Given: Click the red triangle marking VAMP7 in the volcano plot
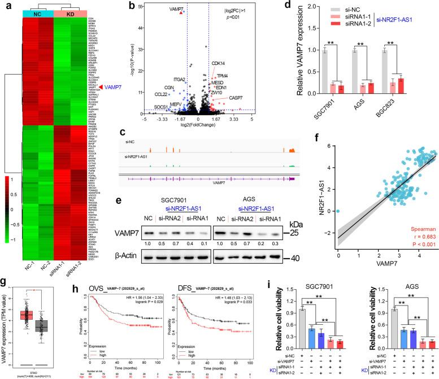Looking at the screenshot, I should [x=181, y=11].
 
